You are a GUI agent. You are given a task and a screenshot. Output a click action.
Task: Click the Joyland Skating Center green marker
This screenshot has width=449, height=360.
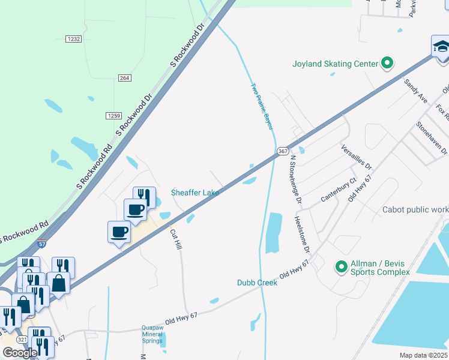pyautogui.click(x=387, y=63)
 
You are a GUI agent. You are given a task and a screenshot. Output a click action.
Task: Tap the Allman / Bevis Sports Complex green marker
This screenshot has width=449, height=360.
pyautogui.click(x=342, y=266)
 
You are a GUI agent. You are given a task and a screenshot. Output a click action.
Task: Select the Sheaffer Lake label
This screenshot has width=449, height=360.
pyautogui.click(x=195, y=193)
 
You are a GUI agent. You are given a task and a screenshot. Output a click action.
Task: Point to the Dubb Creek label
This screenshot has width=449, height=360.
pyautogui.click(x=257, y=282)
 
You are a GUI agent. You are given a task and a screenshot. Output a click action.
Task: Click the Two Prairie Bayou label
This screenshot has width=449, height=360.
pyautogui.click(x=262, y=107)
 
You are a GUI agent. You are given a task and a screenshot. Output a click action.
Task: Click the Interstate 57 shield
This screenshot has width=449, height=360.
pyautogui.click(x=41, y=245)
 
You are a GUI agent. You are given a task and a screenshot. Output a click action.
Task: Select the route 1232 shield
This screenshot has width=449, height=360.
pyautogui.click(x=74, y=39)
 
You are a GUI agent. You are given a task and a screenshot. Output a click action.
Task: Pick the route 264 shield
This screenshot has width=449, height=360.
pyautogui.click(x=124, y=78)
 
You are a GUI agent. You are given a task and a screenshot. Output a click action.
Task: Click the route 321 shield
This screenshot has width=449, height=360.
pyautogui.click(x=22, y=339)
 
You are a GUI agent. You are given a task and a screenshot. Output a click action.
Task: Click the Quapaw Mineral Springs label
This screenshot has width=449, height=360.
pyautogui.click(x=152, y=334)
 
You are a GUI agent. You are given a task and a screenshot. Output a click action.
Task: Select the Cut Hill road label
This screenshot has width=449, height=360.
pyautogui.click(x=176, y=239)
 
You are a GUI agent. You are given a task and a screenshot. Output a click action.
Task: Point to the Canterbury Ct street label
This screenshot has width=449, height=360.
pyautogui.click(x=339, y=189)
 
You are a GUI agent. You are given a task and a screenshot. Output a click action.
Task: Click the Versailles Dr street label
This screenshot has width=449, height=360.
pyautogui.click(x=357, y=157)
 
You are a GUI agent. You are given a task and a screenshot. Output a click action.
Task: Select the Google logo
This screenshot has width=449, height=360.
pyautogui.click(x=20, y=353)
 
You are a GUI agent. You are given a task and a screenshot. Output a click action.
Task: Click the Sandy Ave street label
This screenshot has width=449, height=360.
pyautogui.click(x=415, y=90)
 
